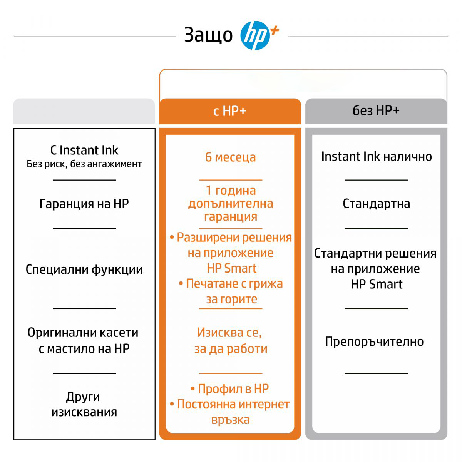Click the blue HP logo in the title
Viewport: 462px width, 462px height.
(255, 35)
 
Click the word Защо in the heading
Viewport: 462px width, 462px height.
(208, 35)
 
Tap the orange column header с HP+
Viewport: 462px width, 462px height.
(230, 111)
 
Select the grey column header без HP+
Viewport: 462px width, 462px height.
(376, 111)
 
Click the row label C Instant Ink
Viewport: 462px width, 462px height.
(84, 150)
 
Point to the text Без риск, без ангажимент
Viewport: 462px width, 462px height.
(84, 164)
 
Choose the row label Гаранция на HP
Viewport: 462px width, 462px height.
(84, 204)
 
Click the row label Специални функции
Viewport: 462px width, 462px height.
(84, 269)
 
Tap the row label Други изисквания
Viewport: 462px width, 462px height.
(84, 404)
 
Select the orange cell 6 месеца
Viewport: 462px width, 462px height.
(230, 157)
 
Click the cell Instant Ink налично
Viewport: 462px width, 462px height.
(377, 157)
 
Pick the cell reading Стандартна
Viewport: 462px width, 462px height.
(376, 204)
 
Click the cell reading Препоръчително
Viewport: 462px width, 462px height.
(374, 341)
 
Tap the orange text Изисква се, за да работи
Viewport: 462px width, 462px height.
(230, 340)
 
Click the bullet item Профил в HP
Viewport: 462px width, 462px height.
(230, 388)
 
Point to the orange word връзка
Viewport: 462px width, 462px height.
(230, 420)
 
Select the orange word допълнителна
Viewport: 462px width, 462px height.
(230, 204)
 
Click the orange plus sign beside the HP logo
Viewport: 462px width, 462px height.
(275, 31)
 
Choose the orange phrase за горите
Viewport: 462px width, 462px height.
(232, 299)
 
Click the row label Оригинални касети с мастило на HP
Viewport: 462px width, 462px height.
(83, 340)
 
